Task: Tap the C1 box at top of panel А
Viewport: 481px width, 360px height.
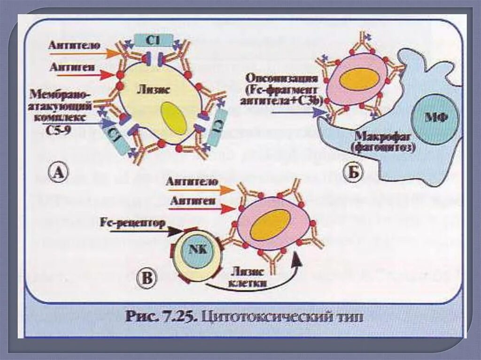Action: [153, 40]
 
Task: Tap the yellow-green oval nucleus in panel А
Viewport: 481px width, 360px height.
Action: [173, 118]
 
